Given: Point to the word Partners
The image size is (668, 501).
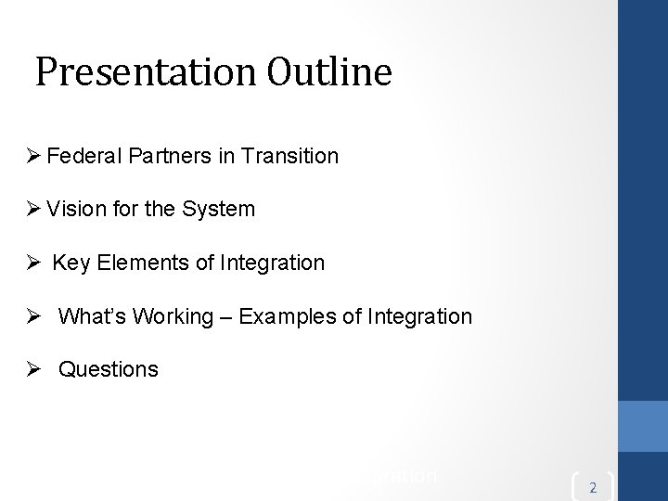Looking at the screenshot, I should [x=161, y=157].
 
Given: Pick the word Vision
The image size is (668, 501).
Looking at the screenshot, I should [x=72, y=210].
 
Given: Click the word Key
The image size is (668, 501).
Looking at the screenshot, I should [x=70, y=263].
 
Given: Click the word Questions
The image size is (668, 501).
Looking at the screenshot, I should [x=109, y=369].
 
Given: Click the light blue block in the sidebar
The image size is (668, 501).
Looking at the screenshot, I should [x=643, y=425].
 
